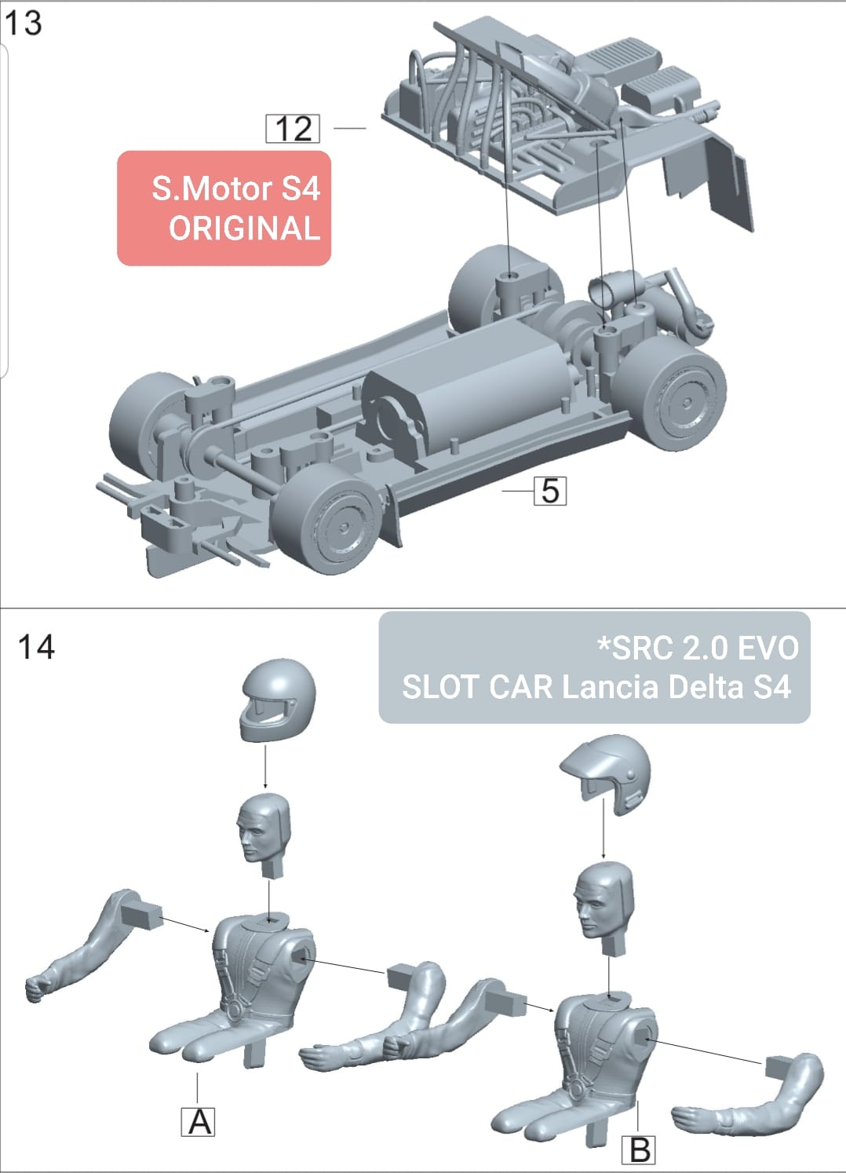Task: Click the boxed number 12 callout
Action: point(294,129)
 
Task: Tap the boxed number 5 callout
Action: point(550,491)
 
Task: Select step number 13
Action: point(24,23)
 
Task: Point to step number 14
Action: point(36,647)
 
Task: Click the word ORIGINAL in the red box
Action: point(244,228)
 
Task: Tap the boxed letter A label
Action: point(199,1121)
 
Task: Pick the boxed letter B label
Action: point(640,1150)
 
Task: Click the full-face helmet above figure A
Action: point(277,701)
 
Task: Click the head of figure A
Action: point(263,830)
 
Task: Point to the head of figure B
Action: point(602,899)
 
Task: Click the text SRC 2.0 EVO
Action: point(698,648)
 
